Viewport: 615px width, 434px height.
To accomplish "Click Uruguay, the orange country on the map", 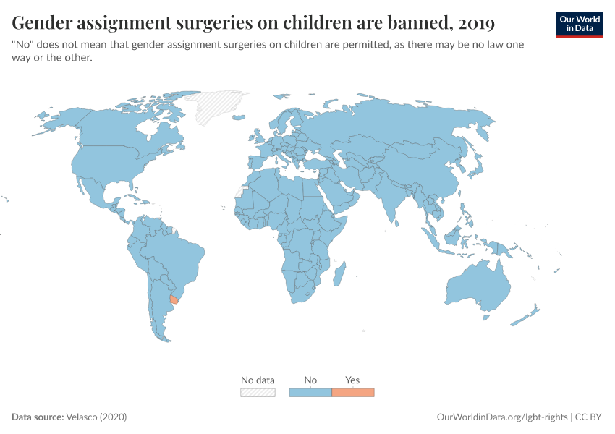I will point(174,299).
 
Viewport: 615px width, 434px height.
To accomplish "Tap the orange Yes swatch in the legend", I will point(352,393).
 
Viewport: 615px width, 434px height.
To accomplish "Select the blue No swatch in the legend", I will point(310,393).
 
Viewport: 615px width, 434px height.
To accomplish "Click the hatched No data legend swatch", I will point(258,393).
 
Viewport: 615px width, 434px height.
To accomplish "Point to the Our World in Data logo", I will point(579,24).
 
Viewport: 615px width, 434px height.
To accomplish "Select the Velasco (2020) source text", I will point(96,417).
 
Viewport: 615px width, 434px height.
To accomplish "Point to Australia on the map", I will point(478,286).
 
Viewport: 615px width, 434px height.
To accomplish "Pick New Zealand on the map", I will point(525,317).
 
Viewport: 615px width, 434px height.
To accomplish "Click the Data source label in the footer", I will point(37,417).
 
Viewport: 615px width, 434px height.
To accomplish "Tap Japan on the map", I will point(475,166).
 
